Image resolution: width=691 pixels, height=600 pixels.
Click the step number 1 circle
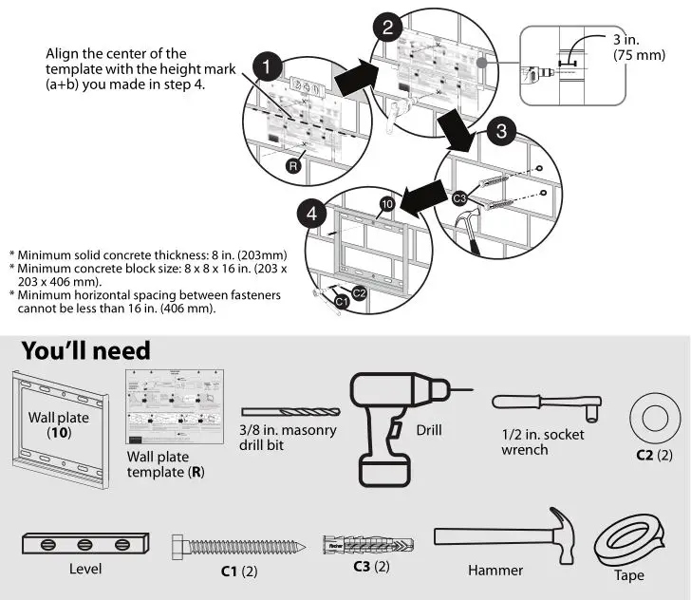(x=270, y=68)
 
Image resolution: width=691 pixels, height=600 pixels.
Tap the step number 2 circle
(x=387, y=27)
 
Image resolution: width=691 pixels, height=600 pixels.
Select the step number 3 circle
(x=503, y=131)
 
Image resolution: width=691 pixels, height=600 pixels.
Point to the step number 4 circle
(x=311, y=215)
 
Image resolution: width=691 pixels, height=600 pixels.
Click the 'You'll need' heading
(x=85, y=350)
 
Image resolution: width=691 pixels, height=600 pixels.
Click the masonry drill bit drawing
(x=288, y=411)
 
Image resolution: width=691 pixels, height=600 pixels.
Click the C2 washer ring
(x=654, y=416)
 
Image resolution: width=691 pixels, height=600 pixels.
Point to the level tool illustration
(x=84, y=545)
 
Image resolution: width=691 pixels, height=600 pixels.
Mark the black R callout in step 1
(x=294, y=164)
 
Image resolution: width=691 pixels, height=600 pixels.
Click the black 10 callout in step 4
(x=386, y=204)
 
